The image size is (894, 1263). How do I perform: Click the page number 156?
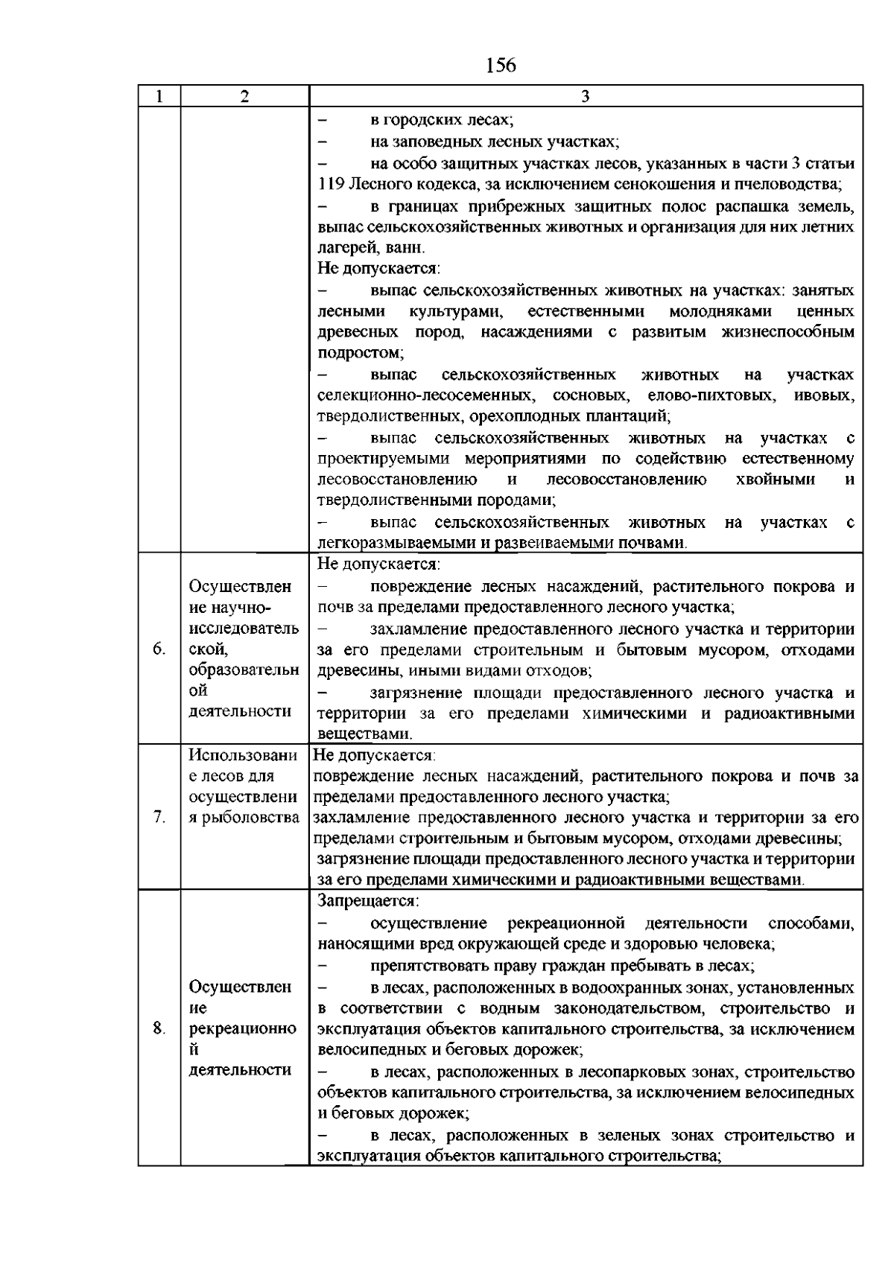click(501, 66)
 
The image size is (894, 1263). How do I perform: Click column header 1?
click(159, 97)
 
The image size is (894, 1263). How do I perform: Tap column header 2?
click(244, 97)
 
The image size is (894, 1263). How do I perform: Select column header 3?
click(586, 97)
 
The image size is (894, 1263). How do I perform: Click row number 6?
click(159, 649)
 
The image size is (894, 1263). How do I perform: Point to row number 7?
click(159, 817)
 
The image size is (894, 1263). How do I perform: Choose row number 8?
click(159, 1028)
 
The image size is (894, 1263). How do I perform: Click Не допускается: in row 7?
click(373, 755)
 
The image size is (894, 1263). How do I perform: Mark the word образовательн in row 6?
click(244, 669)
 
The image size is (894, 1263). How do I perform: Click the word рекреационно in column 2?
click(242, 1028)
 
